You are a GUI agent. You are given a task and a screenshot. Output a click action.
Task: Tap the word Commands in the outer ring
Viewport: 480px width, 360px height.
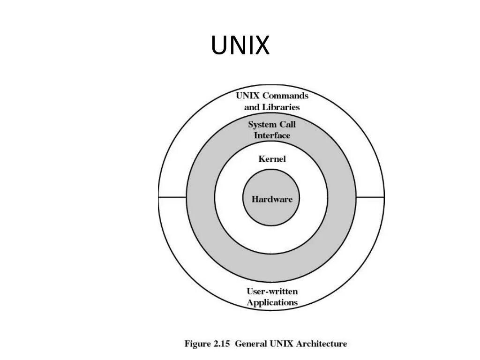click(285, 96)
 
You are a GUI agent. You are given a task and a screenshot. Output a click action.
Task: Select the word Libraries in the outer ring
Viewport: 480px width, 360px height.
click(281, 107)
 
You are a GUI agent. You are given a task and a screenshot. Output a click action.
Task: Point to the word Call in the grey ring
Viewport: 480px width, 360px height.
click(288, 125)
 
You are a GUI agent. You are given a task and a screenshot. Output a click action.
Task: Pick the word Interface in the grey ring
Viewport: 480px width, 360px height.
click(272, 135)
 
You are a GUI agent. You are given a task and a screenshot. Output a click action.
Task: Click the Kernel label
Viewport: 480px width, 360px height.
click(272, 159)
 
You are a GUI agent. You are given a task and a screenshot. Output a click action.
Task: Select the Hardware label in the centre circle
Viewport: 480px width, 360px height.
click(272, 199)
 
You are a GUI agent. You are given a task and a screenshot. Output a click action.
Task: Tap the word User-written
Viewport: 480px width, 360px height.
click(272, 292)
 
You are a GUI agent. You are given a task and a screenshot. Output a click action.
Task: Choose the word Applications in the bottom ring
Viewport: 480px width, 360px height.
click(272, 303)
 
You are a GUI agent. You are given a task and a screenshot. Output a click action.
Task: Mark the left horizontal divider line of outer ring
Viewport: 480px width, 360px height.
click(172, 197)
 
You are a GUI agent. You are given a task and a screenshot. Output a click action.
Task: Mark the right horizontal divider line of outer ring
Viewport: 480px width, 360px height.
click(370, 197)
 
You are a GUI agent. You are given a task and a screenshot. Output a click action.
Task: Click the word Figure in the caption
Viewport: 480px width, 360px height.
click(197, 344)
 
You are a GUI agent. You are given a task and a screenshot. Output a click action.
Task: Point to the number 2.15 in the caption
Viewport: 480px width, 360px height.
click(222, 344)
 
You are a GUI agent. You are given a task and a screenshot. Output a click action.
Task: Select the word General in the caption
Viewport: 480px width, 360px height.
click(251, 344)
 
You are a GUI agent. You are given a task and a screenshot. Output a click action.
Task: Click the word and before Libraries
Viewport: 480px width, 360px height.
click(252, 107)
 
